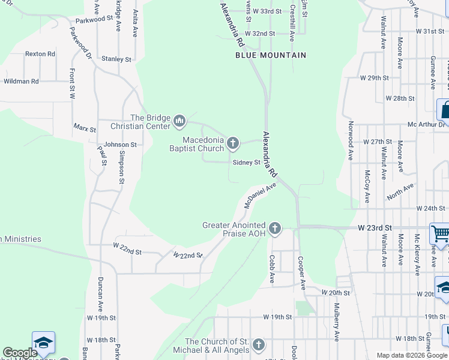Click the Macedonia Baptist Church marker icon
(234, 143)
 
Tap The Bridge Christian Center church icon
(179, 122)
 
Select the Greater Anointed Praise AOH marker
(274, 228)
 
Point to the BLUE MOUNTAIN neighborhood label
(270, 55)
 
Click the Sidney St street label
(246, 162)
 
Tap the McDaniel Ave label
(260, 196)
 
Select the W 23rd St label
(375, 228)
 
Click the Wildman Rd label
(22, 81)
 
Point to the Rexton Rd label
(40, 54)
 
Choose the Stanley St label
(116, 59)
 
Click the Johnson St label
(120, 145)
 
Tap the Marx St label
(85, 128)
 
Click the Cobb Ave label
(272, 269)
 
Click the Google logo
(20, 353)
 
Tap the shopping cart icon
(441, 233)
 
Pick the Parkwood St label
(91, 19)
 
